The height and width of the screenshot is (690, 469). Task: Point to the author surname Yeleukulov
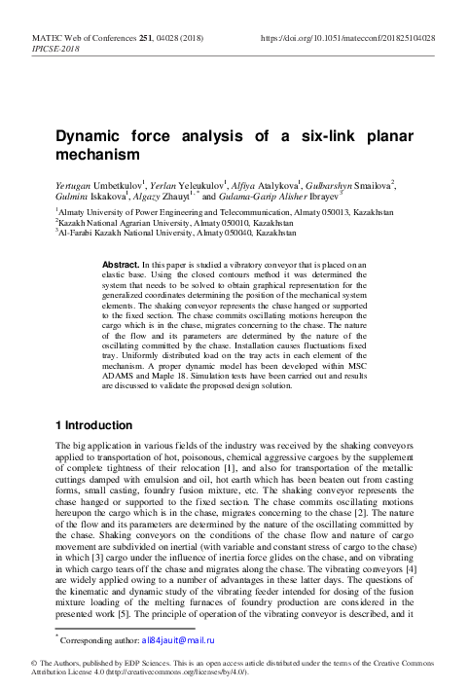pos(209,182)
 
